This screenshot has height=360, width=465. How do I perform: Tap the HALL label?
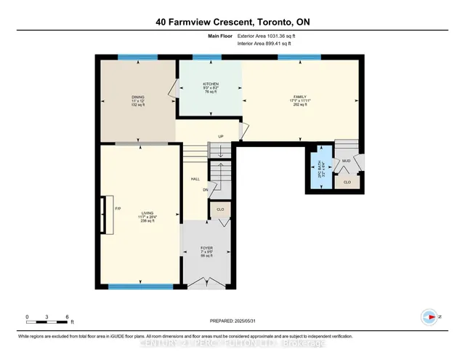point(195,179)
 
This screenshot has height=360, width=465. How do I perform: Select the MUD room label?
point(347,161)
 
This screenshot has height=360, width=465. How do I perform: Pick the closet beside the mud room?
point(347,182)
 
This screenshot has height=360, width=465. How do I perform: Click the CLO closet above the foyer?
point(219,209)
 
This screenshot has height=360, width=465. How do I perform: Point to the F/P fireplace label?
point(118,209)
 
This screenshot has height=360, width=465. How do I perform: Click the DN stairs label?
point(206,190)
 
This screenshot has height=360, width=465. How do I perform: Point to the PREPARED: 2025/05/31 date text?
point(232,320)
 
